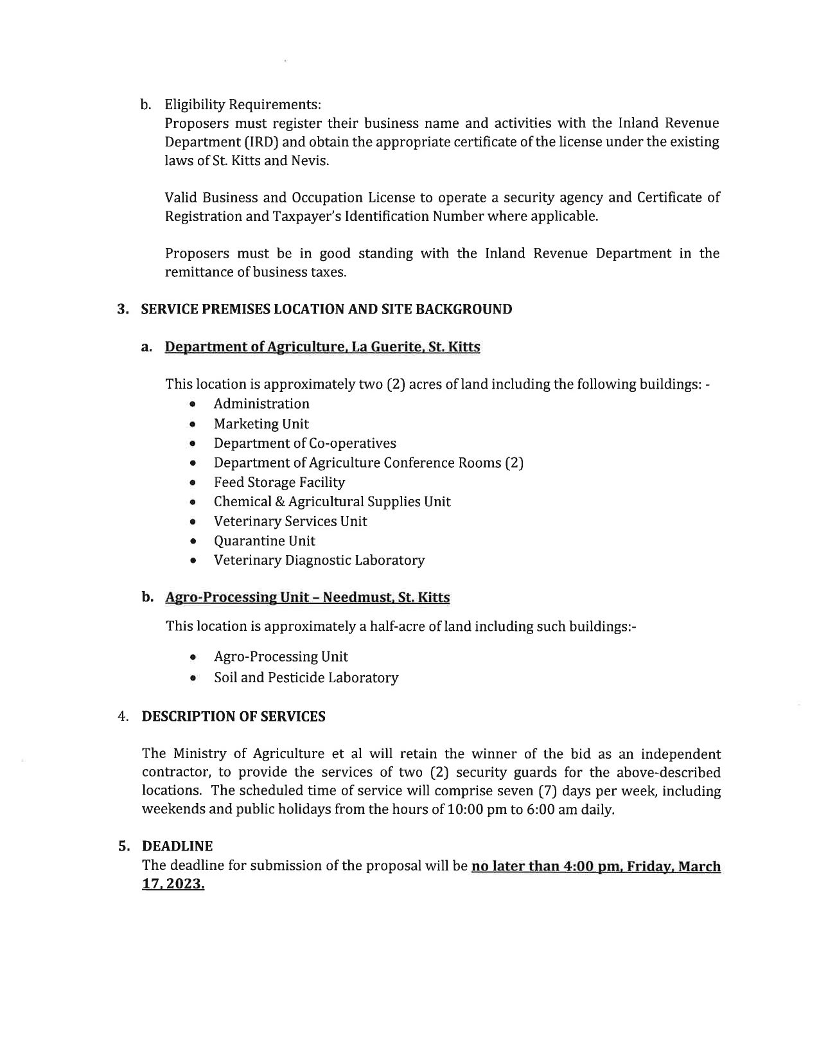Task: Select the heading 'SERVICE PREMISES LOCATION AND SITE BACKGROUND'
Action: coord(326,309)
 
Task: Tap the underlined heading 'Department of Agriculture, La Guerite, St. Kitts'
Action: coord(322,347)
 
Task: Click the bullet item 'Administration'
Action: coord(261,403)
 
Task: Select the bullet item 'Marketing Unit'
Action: coord(261,424)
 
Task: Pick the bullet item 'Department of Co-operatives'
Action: coord(304,443)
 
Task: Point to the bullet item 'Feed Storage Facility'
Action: coord(279,482)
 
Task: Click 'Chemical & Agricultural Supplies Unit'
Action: coord(332,501)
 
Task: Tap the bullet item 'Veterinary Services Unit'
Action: coord(290,521)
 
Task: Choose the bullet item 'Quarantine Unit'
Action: coord(265,541)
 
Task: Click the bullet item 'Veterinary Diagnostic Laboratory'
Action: coord(319,560)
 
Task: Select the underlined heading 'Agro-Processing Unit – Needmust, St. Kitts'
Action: coord(308,597)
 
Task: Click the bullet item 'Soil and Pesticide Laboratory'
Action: coord(306,677)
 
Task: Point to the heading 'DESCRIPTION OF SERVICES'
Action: coord(233,716)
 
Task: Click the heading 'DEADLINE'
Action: coord(177,846)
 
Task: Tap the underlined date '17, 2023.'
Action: coord(173,884)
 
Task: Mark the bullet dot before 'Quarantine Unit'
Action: coord(193,542)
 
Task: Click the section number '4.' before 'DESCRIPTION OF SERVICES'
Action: coord(123,716)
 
